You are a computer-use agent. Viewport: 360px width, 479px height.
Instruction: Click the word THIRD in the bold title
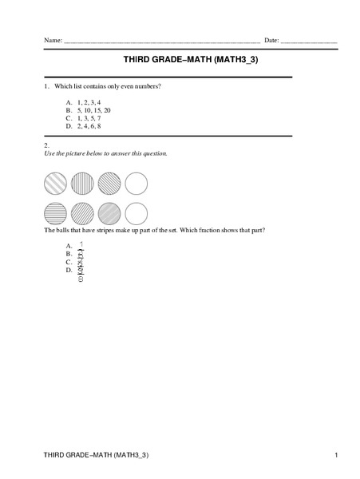[139, 59]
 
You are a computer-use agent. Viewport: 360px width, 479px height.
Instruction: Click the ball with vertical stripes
[83, 184]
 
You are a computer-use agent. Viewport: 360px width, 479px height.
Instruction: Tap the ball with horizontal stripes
[57, 212]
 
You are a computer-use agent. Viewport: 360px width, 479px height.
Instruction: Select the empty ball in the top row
[136, 184]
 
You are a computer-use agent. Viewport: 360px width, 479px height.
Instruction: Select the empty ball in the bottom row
[136, 212]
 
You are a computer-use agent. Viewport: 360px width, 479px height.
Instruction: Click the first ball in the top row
[57, 184]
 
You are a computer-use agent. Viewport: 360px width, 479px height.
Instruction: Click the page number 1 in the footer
[338, 455]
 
